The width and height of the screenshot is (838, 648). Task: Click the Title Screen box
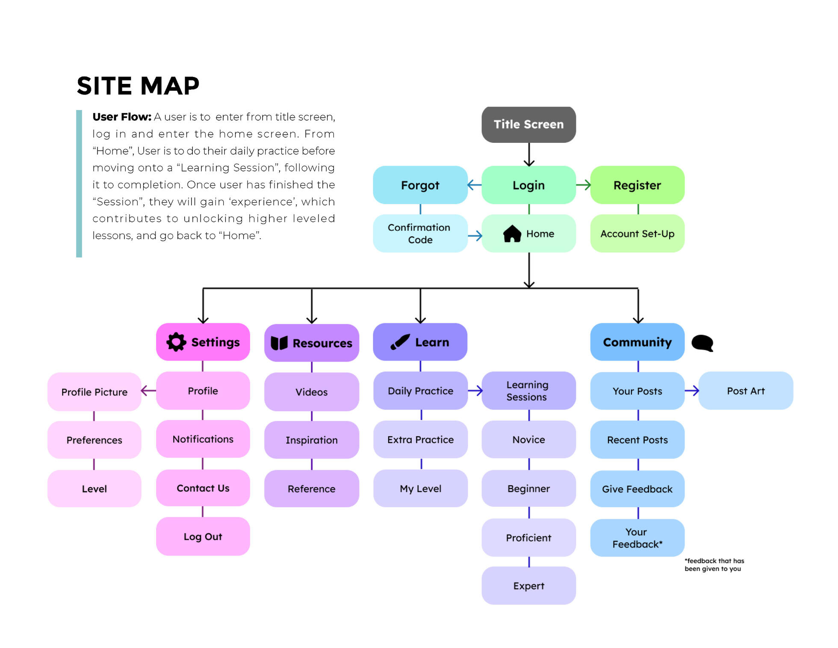pyautogui.click(x=528, y=124)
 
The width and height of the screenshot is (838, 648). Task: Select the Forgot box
pyautogui.click(x=420, y=185)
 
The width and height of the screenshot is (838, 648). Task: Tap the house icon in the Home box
pyautogui.click(x=512, y=234)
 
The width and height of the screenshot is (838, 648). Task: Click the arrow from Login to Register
pyautogui.click(x=583, y=185)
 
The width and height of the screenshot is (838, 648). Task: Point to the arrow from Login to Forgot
pyautogui.click(x=475, y=185)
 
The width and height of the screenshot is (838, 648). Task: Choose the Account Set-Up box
pyautogui.click(x=637, y=234)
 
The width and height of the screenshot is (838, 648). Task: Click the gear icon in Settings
pyautogui.click(x=176, y=342)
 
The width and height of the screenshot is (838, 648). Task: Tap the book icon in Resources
pyautogui.click(x=279, y=343)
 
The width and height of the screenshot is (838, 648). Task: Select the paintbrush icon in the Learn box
pyautogui.click(x=400, y=342)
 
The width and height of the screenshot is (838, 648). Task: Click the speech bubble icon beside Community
pyautogui.click(x=702, y=343)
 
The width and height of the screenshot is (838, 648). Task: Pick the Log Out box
pyautogui.click(x=203, y=537)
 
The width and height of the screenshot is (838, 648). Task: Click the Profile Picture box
pyautogui.click(x=94, y=392)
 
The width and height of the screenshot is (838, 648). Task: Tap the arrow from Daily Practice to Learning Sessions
pyautogui.click(x=475, y=391)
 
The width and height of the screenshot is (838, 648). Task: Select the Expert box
pyautogui.click(x=528, y=586)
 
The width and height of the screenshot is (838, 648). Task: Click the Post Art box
pyautogui.click(x=746, y=391)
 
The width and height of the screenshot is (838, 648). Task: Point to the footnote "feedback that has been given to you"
pyautogui.click(x=714, y=565)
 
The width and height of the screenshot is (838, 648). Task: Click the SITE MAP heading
pyautogui.click(x=138, y=86)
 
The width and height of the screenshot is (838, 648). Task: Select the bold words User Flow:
pyautogui.click(x=122, y=117)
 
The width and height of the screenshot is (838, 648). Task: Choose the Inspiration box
pyautogui.click(x=311, y=440)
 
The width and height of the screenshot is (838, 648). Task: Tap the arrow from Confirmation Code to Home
pyautogui.click(x=475, y=236)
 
